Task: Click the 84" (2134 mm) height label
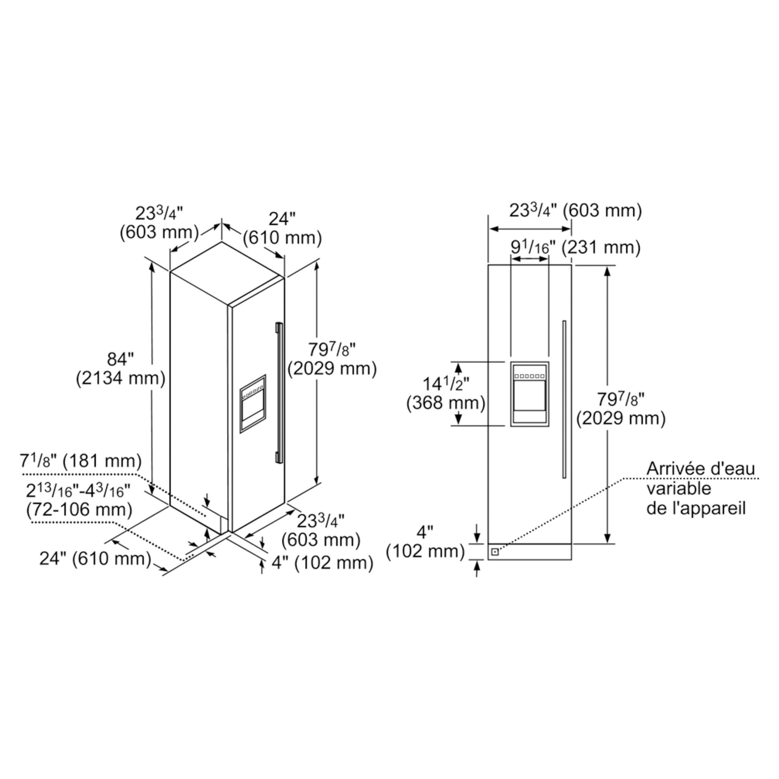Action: [121, 369]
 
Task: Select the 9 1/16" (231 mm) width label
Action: [575, 247]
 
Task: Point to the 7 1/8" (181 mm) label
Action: [81, 461]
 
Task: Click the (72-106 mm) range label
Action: [79, 510]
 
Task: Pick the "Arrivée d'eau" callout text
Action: [701, 469]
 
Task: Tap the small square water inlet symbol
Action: [495, 552]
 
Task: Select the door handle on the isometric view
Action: [278, 392]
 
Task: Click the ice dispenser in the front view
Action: [530, 394]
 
